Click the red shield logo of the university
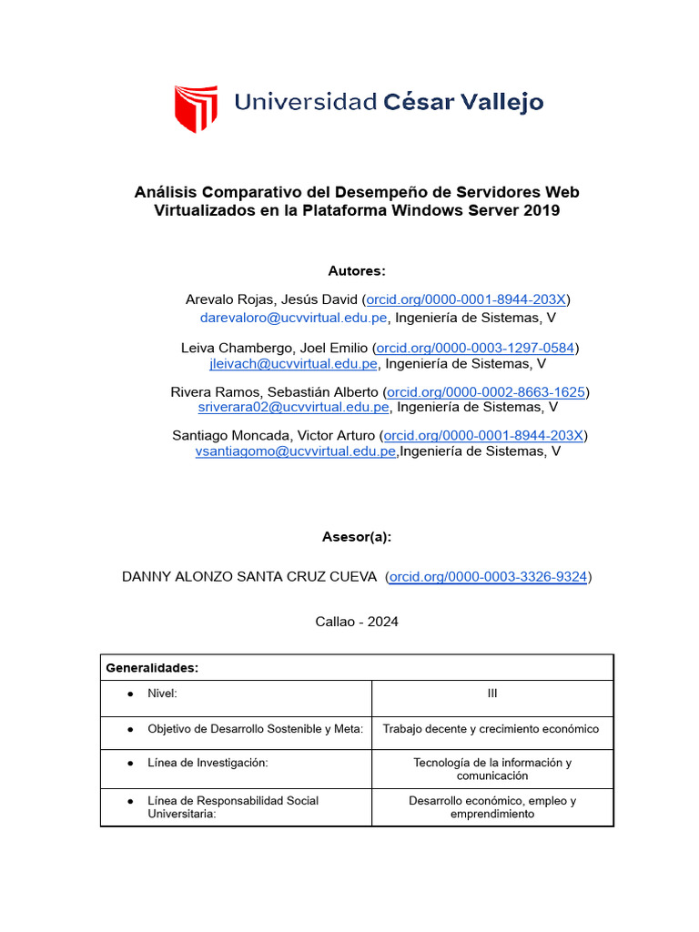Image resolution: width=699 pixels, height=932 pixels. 196,107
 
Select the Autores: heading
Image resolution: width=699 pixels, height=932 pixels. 357,271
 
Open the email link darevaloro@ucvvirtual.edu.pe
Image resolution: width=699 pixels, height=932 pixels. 294,318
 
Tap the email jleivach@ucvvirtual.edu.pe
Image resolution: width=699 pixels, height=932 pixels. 293,363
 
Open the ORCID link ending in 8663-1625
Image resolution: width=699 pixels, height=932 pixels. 486,391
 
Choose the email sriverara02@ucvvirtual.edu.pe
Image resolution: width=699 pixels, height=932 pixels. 293,407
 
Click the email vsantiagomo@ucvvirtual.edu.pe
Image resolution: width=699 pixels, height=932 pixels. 296,451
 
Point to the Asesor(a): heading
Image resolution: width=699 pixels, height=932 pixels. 357,536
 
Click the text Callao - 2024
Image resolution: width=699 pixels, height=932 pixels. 357,622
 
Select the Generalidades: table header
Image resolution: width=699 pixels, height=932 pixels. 153,668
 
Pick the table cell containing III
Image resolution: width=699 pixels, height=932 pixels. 491,694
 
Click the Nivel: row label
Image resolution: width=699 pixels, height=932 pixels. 162,694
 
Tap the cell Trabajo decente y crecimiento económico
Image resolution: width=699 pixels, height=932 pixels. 491,729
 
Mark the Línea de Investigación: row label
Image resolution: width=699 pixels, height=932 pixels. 208,763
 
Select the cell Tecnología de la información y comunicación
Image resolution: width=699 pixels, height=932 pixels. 492,769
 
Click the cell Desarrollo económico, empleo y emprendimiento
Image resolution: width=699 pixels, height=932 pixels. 492,807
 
